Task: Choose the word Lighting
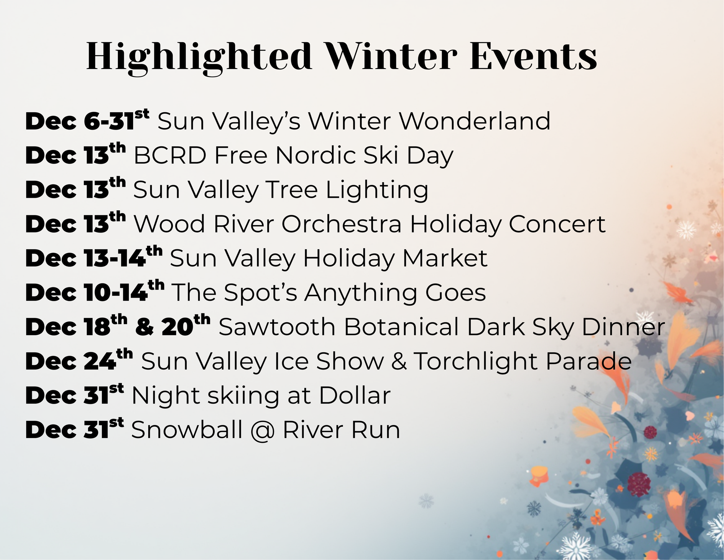click(x=377, y=191)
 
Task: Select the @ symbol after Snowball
click(x=263, y=431)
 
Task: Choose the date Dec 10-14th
click(x=95, y=292)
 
